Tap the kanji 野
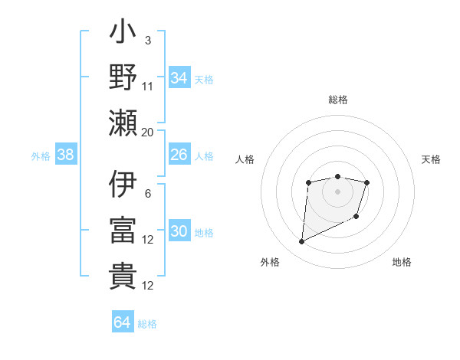(x=123, y=77)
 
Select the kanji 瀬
(x=123, y=123)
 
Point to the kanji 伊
(x=123, y=185)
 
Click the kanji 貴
(x=123, y=276)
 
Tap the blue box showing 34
(x=179, y=77)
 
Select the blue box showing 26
(x=179, y=155)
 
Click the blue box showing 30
(x=179, y=231)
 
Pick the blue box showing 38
(x=65, y=155)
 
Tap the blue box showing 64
(x=122, y=322)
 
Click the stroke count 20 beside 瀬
(x=147, y=132)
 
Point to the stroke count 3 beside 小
(x=147, y=40)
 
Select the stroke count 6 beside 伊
(x=147, y=193)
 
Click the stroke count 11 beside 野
(x=147, y=86)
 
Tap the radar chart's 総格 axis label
(x=337, y=100)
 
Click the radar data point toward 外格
(x=301, y=242)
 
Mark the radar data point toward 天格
(x=367, y=182)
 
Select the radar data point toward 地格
(x=357, y=218)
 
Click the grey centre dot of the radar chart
(x=337, y=191)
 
